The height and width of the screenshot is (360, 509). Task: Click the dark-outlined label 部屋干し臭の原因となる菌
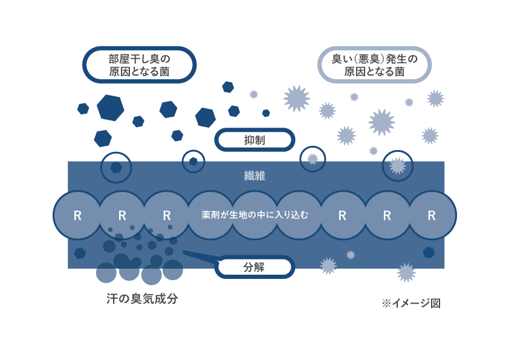click(x=139, y=65)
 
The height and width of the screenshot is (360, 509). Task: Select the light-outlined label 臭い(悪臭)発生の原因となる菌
click(x=374, y=65)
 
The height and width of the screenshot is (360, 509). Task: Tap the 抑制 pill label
click(x=254, y=141)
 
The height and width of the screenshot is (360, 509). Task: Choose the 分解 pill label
click(x=254, y=266)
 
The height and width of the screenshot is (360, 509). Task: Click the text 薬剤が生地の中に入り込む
click(x=254, y=215)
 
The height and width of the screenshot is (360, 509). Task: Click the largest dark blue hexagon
click(x=110, y=108)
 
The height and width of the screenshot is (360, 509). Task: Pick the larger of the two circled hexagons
click(x=116, y=168)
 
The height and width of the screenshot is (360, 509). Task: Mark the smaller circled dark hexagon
click(x=193, y=162)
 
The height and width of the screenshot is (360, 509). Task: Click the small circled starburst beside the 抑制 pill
click(x=313, y=159)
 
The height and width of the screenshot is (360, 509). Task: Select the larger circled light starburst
click(x=397, y=165)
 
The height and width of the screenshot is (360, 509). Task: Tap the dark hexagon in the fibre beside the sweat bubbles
click(x=80, y=253)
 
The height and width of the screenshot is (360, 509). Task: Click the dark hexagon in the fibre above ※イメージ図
click(x=429, y=252)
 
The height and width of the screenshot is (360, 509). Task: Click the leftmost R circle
click(x=77, y=215)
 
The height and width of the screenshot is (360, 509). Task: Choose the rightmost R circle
click(x=432, y=215)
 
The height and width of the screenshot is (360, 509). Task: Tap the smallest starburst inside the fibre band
click(x=351, y=255)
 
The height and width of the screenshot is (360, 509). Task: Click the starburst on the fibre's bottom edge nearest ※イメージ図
click(x=406, y=272)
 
